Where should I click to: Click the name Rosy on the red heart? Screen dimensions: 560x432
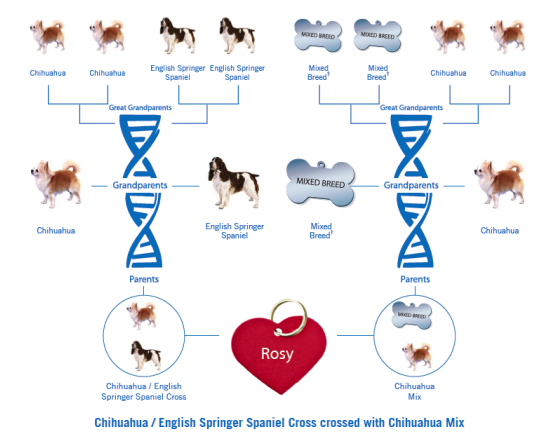(x=277, y=354)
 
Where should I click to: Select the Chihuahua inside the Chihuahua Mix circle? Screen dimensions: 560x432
(x=417, y=356)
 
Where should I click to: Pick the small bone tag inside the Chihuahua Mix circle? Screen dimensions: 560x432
(x=412, y=315)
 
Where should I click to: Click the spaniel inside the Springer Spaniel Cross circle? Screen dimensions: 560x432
(x=146, y=355)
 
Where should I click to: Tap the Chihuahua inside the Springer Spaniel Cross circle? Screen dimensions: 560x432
(x=142, y=315)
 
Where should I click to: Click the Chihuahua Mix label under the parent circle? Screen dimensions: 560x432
(x=414, y=391)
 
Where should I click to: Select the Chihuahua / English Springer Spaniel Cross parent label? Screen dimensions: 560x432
(x=144, y=391)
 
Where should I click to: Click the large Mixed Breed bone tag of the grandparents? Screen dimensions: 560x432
(x=321, y=182)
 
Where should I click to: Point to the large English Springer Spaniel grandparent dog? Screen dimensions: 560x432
(x=234, y=182)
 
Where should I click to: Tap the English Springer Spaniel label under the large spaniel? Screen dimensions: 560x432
(x=234, y=231)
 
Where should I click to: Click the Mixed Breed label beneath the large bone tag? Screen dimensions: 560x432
(x=321, y=231)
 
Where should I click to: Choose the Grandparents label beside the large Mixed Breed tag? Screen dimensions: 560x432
(x=411, y=185)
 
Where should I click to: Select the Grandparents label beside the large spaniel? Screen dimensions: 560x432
(x=140, y=185)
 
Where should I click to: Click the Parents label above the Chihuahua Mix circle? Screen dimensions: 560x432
(x=415, y=279)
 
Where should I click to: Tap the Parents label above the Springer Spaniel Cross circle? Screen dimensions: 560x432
(x=144, y=279)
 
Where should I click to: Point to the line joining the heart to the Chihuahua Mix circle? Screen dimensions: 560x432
(x=355, y=335)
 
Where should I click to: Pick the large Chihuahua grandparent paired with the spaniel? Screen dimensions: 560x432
(x=56, y=184)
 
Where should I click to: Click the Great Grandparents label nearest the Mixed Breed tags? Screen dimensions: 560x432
(x=411, y=107)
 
